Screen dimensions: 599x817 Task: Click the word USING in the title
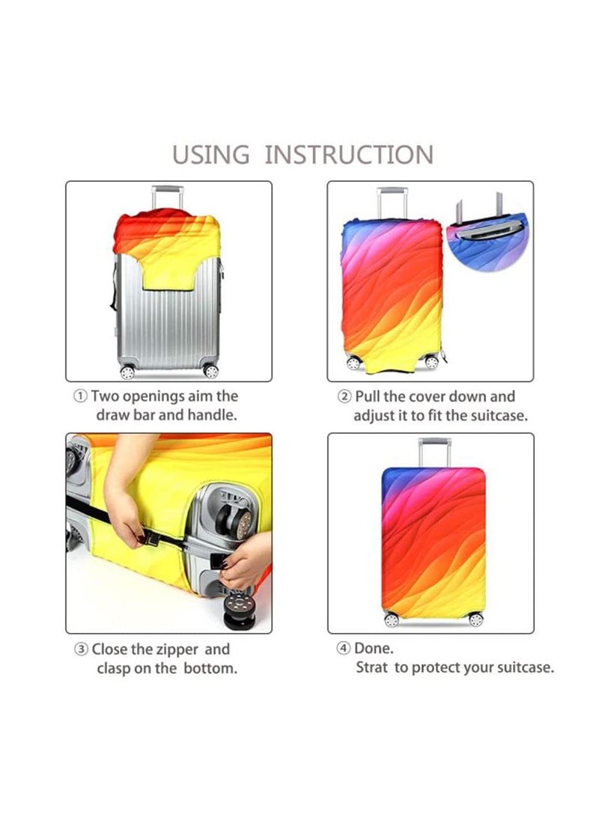pos(211,155)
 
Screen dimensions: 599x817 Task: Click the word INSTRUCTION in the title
pos(349,155)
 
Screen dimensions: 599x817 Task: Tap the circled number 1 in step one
pos(80,397)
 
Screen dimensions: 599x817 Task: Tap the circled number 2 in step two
pos(344,397)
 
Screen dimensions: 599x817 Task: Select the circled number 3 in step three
pos(82,649)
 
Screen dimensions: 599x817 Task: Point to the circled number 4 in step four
pos(343,649)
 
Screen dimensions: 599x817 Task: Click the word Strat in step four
pos(371,667)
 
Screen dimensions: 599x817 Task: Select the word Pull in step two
pos(368,397)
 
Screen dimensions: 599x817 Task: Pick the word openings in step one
pos(153,397)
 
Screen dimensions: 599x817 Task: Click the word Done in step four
pos(374,649)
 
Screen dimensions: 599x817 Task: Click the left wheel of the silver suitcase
pos(127,372)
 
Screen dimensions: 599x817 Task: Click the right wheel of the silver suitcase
pos(211,371)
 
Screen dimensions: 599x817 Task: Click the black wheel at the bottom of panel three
pos(240,611)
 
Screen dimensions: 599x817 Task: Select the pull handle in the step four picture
pos(434,452)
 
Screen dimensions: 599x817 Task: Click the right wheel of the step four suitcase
pos(475,619)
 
